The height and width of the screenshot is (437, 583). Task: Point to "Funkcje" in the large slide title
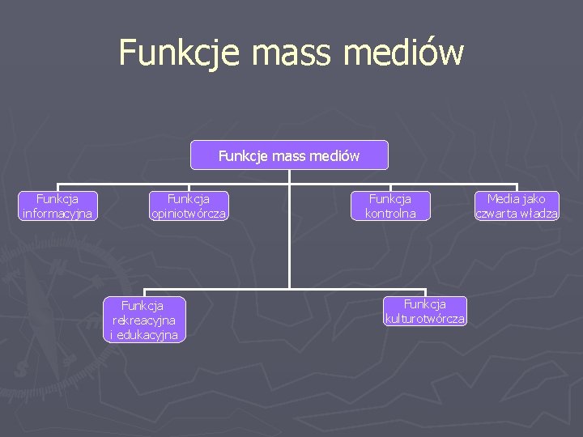[x=181, y=53]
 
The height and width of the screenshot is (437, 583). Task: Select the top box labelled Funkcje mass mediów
[x=289, y=155]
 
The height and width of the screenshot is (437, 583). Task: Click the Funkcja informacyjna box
[x=57, y=206]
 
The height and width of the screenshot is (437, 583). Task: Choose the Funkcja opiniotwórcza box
[x=188, y=206]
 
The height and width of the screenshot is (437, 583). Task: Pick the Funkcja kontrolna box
[x=390, y=206]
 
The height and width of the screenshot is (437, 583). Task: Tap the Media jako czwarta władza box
[x=517, y=206]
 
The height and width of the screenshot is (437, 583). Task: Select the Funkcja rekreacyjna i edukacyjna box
[x=143, y=320]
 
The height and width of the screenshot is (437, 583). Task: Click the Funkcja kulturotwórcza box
[x=425, y=311]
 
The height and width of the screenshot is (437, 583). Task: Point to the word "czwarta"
[x=498, y=214]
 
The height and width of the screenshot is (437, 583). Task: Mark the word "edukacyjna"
[x=147, y=335]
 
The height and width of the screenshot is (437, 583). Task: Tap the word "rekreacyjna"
[x=143, y=320]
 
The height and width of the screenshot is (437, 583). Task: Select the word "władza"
[x=540, y=214]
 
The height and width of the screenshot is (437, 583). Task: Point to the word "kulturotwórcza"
[x=425, y=319]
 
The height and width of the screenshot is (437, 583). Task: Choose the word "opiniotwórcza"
[x=188, y=214]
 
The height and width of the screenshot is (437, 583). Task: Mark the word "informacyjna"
[x=57, y=214]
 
